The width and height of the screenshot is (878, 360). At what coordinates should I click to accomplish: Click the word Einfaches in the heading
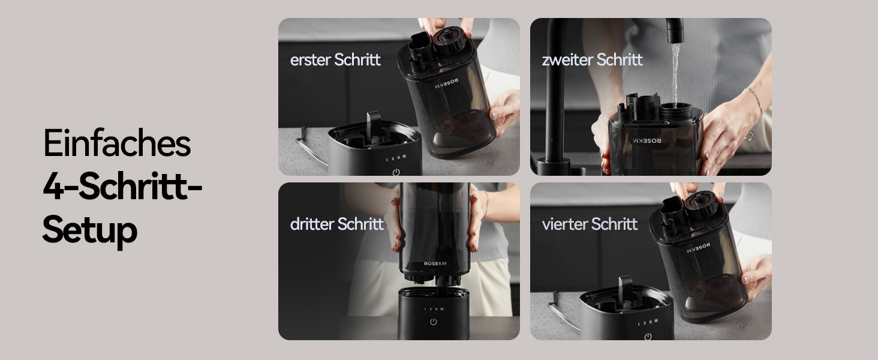click(x=117, y=142)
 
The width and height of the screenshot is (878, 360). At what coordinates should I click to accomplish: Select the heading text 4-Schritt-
click(x=122, y=186)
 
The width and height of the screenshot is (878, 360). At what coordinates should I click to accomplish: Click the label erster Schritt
click(x=335, y=59)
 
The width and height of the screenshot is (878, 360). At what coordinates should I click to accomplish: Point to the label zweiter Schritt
click(x=592, y=59)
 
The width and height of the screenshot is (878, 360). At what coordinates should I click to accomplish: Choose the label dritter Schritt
click(x=336, y=224)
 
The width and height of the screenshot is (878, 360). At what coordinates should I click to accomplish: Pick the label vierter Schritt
click(x=590, y=224)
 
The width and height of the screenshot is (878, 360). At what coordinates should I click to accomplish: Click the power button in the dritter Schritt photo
click(x=433, y=322)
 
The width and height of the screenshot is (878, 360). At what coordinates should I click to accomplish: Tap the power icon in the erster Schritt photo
click(x=396, y=172)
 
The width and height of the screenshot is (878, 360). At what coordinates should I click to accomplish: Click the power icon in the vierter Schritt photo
click(x=648, y=337)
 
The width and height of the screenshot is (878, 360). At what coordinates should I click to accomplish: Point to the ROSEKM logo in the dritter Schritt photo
click(x=435, y=263)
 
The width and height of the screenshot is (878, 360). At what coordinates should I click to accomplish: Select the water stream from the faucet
click(x=675, y=74)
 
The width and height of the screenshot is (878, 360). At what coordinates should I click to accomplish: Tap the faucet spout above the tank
click(x=675, y=31)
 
